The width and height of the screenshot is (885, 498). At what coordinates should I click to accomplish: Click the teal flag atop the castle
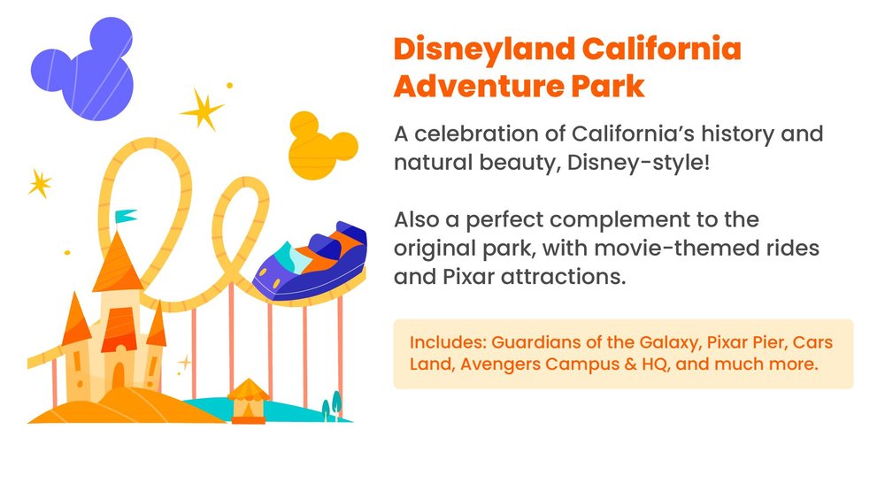click(126, 216)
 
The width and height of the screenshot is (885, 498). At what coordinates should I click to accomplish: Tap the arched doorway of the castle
click(119, 377)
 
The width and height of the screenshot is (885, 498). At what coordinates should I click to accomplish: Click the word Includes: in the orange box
click(448, 342)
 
